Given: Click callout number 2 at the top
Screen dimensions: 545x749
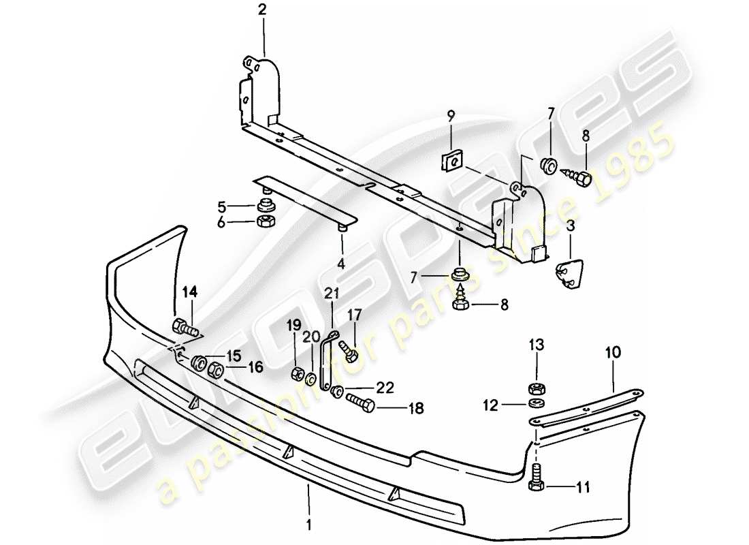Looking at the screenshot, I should coord(262,10).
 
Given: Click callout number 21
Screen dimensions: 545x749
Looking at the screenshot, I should coord(332,294).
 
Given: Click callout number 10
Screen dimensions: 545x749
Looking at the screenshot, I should coord(613,352).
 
